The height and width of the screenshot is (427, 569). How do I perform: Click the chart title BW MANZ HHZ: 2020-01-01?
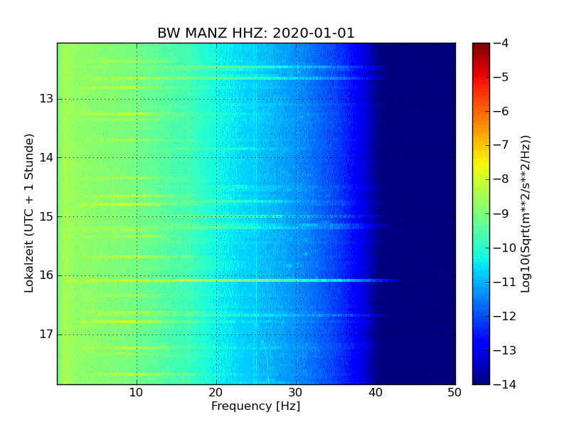(256, 33)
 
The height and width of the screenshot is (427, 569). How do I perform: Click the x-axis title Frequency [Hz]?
(255, 406)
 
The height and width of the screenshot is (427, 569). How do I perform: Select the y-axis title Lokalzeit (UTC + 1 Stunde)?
(29, 213)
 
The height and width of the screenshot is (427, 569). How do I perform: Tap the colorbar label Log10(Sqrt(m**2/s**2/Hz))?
(526, 213)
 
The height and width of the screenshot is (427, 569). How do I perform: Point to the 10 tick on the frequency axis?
(137, 393)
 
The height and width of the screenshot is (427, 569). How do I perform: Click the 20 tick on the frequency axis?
(216, 393)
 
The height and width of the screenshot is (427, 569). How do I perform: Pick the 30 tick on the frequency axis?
(296, 393)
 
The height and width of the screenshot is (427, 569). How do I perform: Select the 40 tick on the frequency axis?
(376, 393)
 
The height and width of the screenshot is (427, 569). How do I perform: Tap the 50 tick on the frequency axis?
(454, 393)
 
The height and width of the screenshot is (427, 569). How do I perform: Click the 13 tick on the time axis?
(46, 99)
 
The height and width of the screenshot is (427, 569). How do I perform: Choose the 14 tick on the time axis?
(46, 157)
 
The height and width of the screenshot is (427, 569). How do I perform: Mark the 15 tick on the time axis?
(46, 216)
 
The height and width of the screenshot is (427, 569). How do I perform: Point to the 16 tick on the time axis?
(46, 275)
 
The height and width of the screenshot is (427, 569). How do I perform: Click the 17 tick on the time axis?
(46, 334)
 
